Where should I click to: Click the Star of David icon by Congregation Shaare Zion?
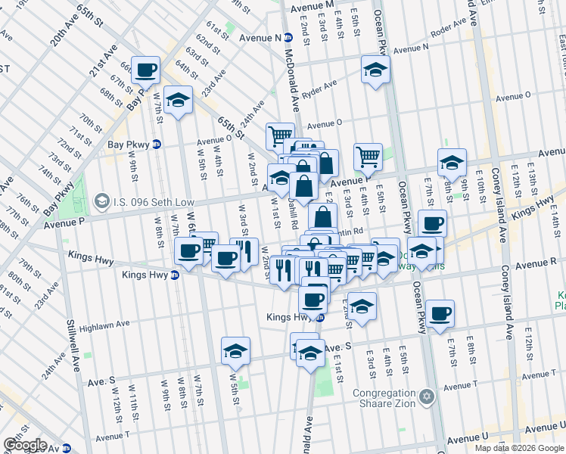tap(427, 396)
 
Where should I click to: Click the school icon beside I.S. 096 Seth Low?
tap(101, 202)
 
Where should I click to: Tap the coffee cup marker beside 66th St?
tap(146, 70)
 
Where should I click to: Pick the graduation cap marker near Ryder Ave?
tap(374, 70)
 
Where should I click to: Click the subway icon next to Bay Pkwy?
tap(157, 143)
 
